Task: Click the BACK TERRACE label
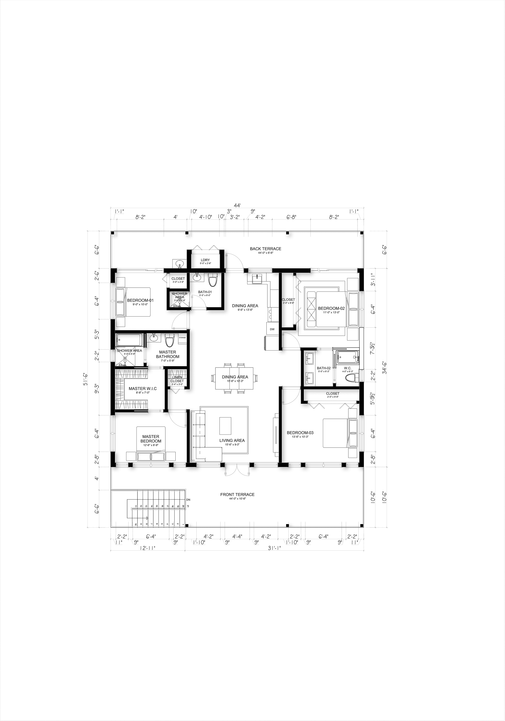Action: pos(265,249)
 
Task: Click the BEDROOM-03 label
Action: pos(300,433)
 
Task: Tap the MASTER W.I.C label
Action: pos(143,388)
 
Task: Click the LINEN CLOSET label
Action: pos(177,379)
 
